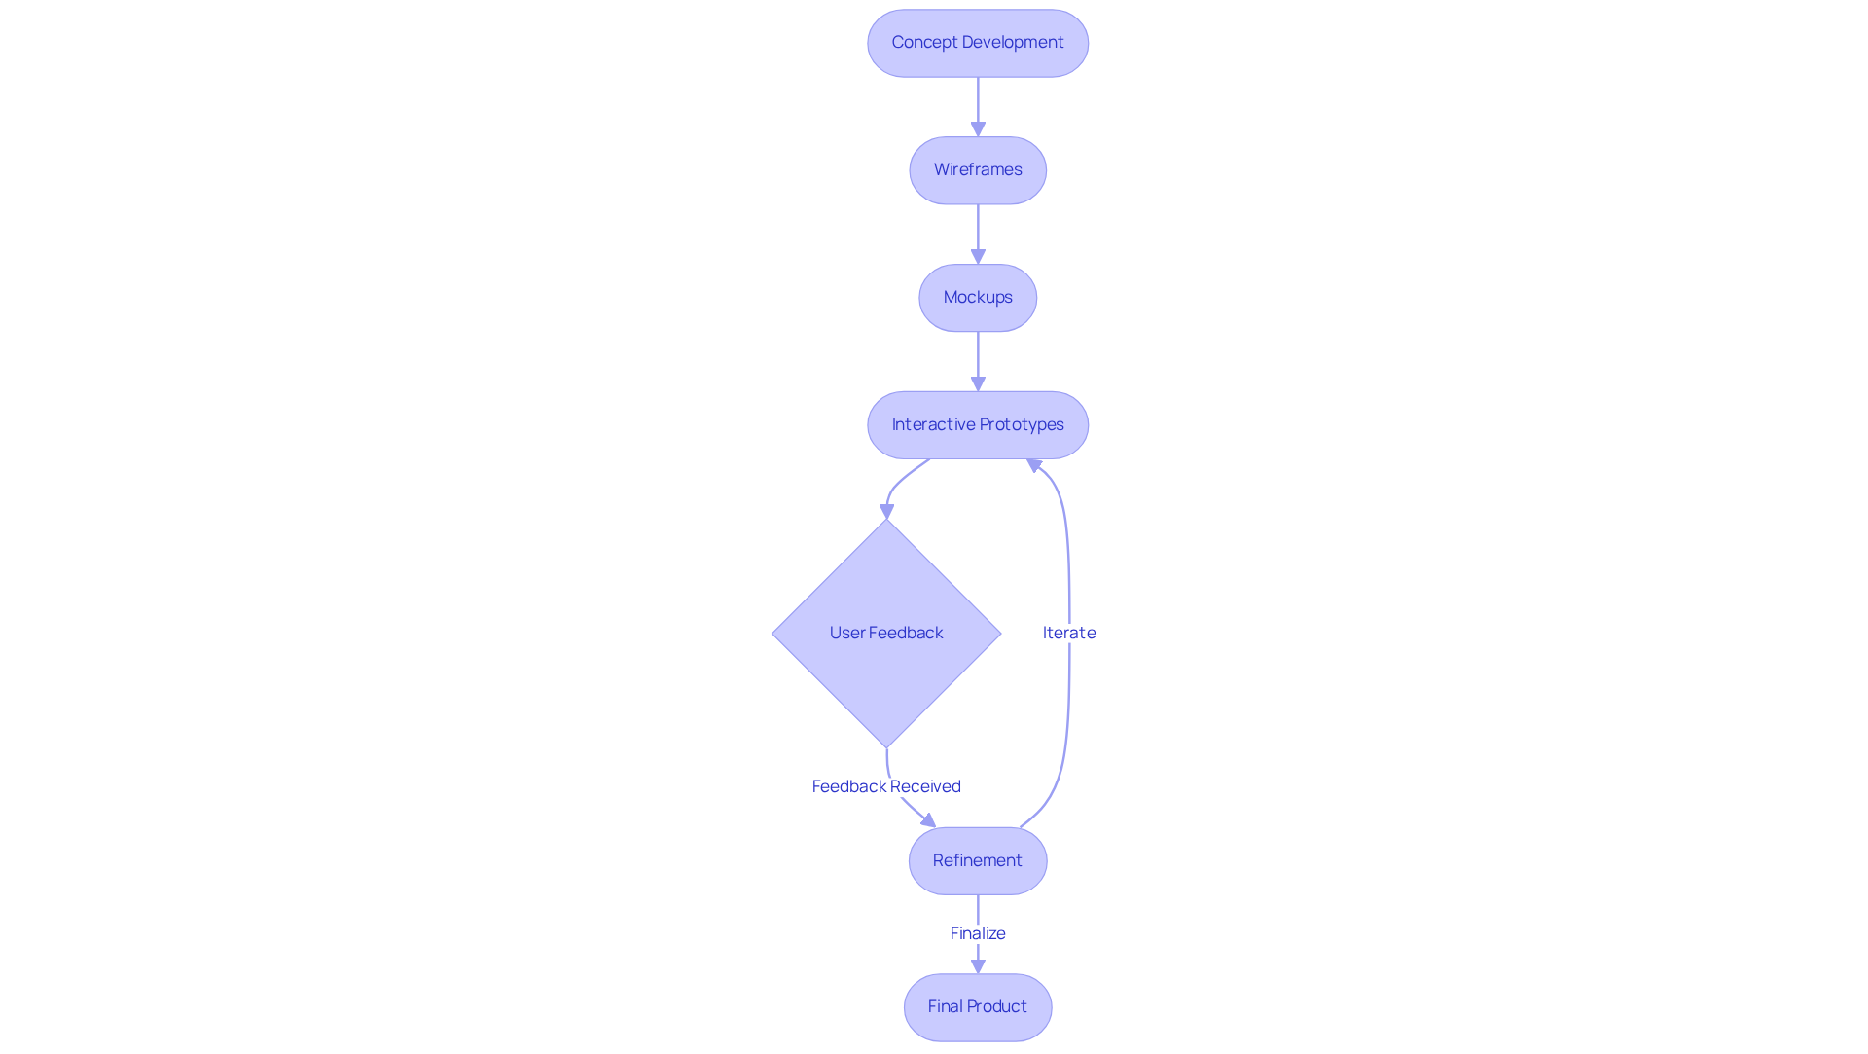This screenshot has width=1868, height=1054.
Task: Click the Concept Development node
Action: [x=977, y=43]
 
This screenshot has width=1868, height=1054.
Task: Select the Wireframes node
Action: [x=977, y=170]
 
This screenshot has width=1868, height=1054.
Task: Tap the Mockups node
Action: [x=977, y=298]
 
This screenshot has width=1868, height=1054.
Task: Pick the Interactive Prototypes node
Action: [x=977, y=425]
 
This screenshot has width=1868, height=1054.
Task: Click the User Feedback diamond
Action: [x=886, y=634]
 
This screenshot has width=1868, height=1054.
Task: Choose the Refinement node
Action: [x=977, y=861]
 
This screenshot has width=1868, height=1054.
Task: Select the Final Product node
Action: [x=977, y=1007]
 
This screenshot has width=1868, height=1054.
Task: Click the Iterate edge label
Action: [x=1068, y=633]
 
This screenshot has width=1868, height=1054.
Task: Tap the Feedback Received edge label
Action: [x=886, y=786]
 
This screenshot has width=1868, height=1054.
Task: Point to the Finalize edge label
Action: [x=977, y=933]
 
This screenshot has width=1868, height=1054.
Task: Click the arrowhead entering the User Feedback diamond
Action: [x=886, y=511]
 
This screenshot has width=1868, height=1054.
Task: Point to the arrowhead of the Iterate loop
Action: [x=1034, y=466]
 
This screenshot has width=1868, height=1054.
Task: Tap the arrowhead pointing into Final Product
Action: [x=978, y=966]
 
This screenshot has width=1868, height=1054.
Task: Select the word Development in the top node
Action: [x=1012, y=43]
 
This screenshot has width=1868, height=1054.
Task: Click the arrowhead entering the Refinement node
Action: [x=928, y=820]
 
